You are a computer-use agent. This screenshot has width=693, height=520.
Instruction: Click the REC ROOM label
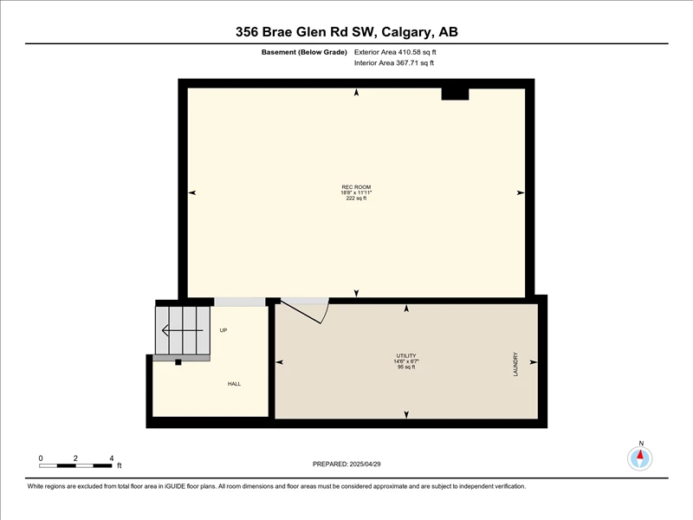click(x=356, y=187)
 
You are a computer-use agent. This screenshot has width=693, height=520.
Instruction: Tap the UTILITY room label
click(x=406, y=355)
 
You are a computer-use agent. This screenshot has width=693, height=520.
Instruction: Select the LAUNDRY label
click(x=515, y=364)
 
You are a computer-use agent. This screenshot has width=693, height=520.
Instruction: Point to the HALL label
click(x=234, y=384)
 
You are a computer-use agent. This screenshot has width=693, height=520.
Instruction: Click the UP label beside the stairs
click(x=223, y=330)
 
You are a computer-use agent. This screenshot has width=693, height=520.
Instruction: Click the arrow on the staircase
click(x=183, y=330)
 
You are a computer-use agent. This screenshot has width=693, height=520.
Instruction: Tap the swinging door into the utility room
click(x=305, y=311)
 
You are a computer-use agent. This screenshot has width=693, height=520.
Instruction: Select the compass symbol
click(x=639, y=458)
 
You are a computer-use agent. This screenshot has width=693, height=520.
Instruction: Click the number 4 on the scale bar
click(x=112, y=458)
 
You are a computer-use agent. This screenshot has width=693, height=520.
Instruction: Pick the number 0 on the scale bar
click(x=41, y=458)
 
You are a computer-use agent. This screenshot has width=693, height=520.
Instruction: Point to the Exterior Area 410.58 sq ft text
click(x=395, y=52)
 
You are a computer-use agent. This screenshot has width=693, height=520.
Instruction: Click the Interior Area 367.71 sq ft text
click(x=394, y=62)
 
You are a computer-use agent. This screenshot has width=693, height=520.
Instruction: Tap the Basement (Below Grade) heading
click(x=304, y=52)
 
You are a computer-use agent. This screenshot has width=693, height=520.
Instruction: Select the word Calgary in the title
click(x=407, y=32)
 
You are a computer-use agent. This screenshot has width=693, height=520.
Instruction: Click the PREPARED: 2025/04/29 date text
click(x=346, y=464)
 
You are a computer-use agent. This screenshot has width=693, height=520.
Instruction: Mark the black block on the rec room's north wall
click(x=456, y=94)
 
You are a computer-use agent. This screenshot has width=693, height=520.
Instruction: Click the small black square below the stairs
click(x=178, y=362)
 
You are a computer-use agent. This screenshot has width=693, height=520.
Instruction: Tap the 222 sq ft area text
click(x=356, y=198)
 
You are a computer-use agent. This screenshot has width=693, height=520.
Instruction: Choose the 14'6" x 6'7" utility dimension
click(x=406, y=361)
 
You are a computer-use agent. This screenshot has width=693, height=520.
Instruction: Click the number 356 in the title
click(x=247, y=32)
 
